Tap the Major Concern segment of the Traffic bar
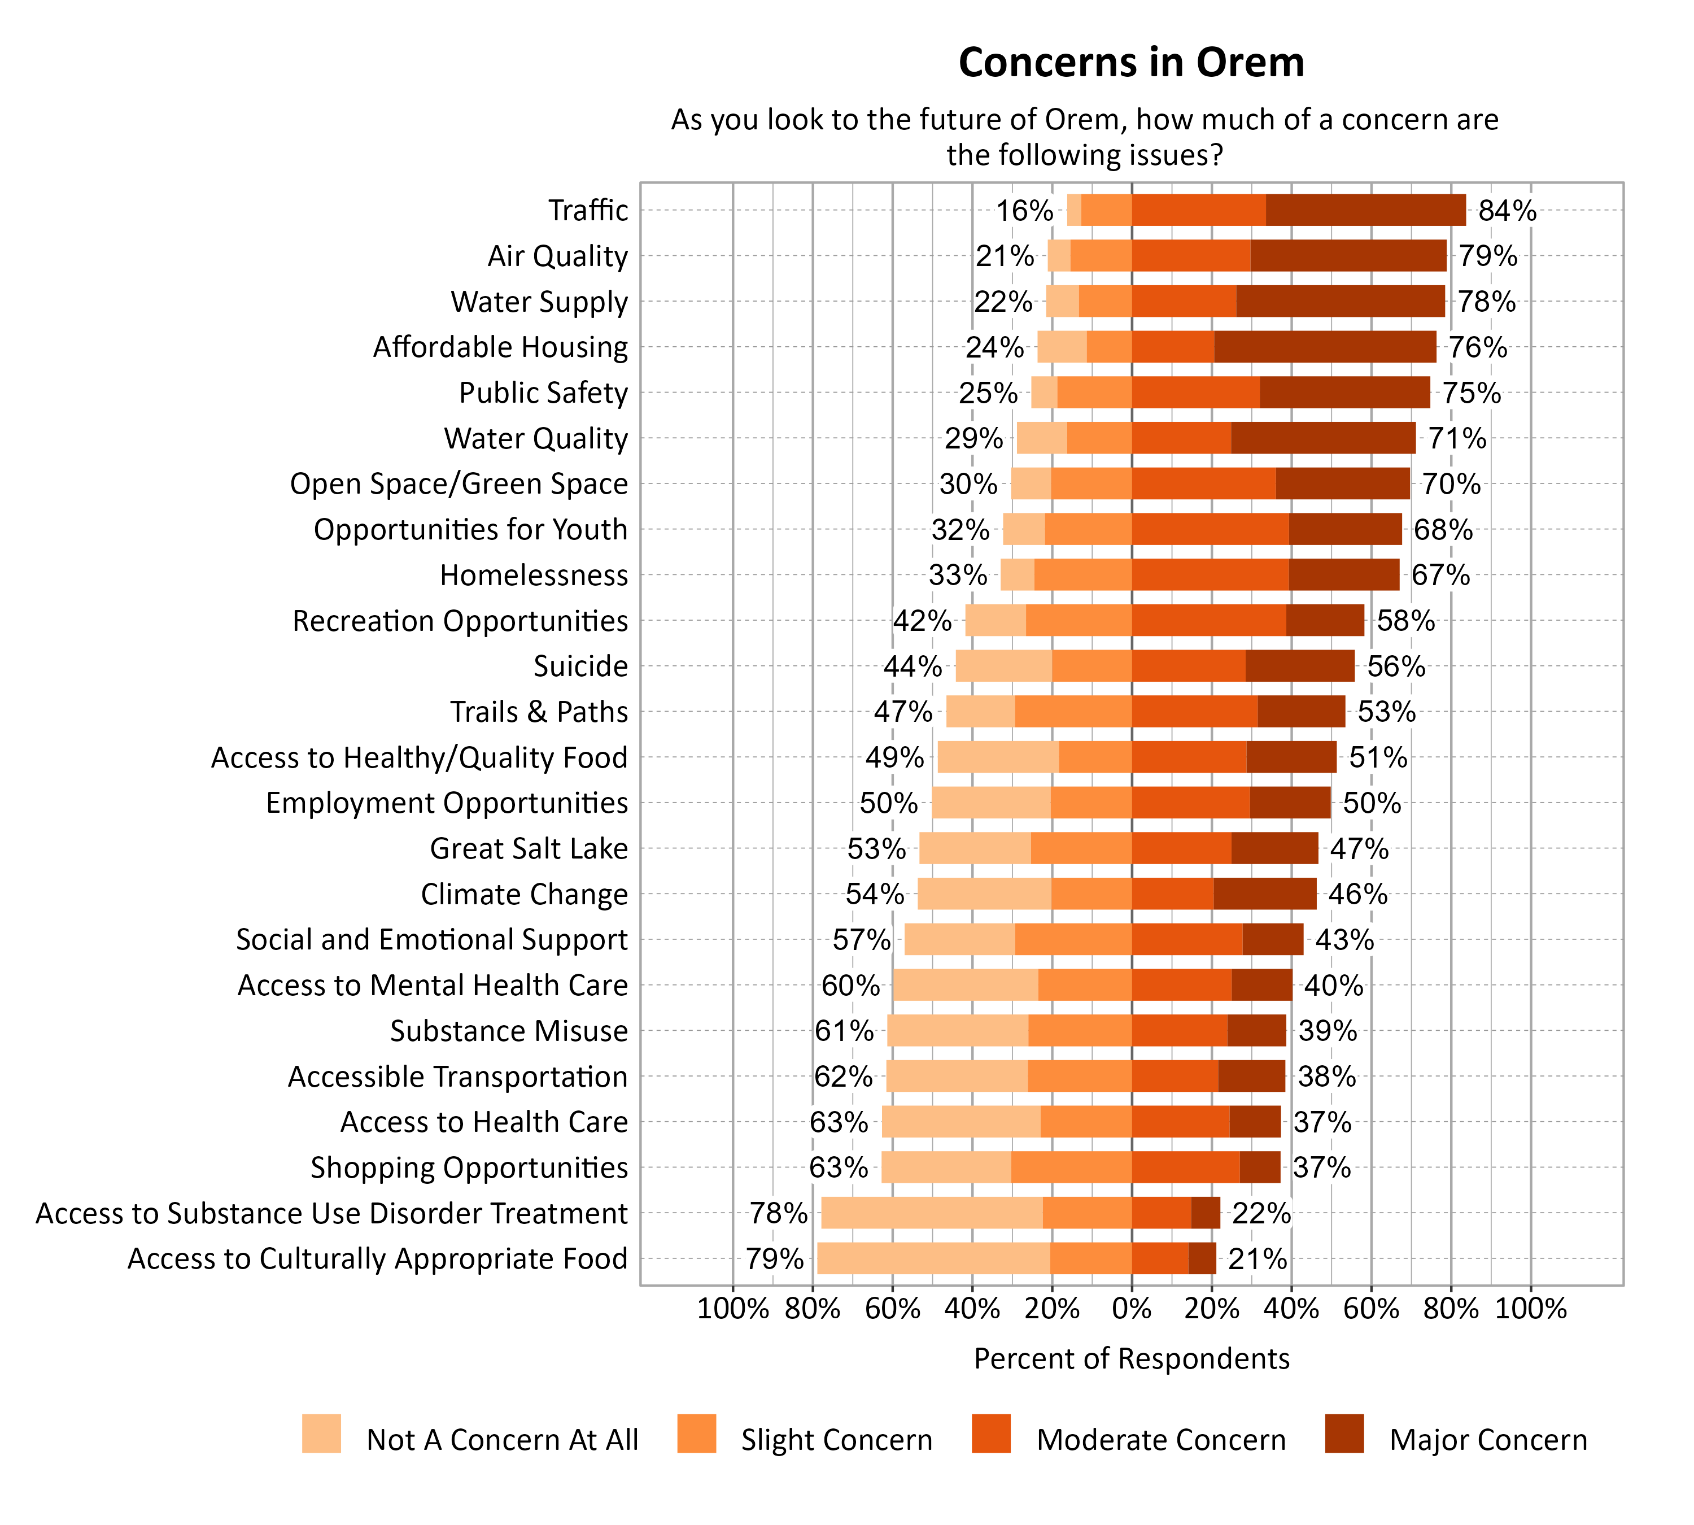[1365, 210]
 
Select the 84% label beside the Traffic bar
[1507, 210]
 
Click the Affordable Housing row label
[500, 347]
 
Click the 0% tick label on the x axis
[1131, 1309]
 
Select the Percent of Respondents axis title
[1131, 1359]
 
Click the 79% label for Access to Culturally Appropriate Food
[775, 1258]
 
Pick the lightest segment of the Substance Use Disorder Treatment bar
[932, 1213]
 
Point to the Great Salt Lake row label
[529, 849]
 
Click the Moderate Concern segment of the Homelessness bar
[1210, 575]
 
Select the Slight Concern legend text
[836, 1440]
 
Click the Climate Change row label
[523, 894]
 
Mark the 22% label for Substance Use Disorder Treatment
[1261, 1213]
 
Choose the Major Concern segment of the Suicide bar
[1299, 666]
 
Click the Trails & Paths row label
[539, 712]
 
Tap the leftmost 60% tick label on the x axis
[892, 1309]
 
